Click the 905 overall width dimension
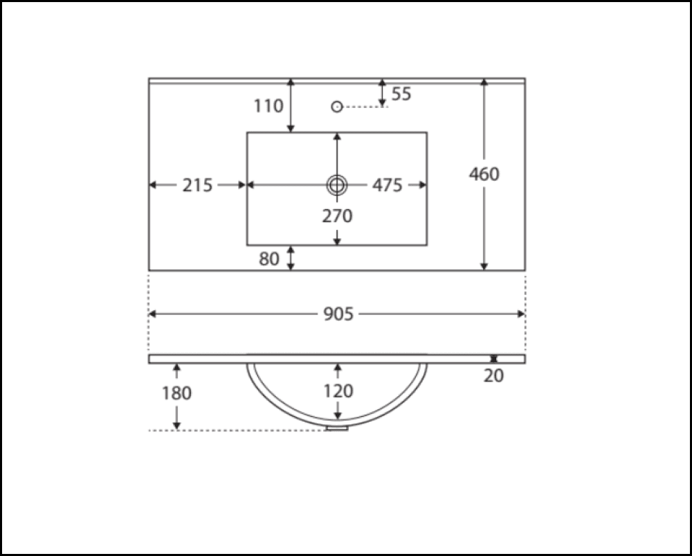click(338, 314)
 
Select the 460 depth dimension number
click(484, 174)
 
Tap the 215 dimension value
click(197, 186)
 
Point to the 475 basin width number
click(387, 186)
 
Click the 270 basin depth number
click(337, 216)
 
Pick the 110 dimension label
click(268, 106)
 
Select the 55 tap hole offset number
click(401, 94)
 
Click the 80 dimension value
click(269, 259)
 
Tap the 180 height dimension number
click(176, 393)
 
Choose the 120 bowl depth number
click(337, 391)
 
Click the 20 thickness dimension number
click(494, 376)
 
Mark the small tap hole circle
click(337, 107)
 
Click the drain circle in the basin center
click(337, 185)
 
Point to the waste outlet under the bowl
click(337, 428)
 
